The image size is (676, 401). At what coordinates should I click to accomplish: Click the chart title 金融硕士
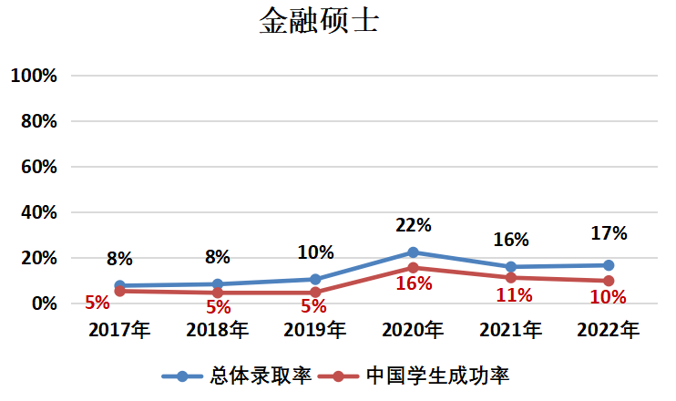(x=319, y=21)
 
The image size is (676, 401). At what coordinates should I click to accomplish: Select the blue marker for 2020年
(x=413, y=252)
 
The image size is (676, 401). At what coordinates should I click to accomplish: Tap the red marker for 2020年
(x=413, y=268)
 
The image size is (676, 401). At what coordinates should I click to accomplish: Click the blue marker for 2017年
(x=119, y=286)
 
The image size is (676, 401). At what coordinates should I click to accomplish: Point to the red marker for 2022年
(x=608, y=281)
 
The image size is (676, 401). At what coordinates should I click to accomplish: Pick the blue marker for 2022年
(x=608, y=265)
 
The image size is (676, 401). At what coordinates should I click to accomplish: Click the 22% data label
(x=413, y=224)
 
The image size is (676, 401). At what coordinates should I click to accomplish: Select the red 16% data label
(x=413, y=284)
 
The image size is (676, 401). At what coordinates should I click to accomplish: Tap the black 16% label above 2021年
(x=511, y=240)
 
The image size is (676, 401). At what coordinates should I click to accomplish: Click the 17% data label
(x=609, y=233)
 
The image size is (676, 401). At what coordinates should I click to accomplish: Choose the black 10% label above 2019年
(x=315, y=252)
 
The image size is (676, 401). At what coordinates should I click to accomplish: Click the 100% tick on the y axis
(x=34, y=76)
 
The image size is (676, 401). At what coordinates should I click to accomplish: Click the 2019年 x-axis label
(x=315, y=330)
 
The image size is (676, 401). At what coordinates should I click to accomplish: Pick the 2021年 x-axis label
(x=511, y=330)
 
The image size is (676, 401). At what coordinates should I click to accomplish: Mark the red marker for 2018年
(x=217, y=293)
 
